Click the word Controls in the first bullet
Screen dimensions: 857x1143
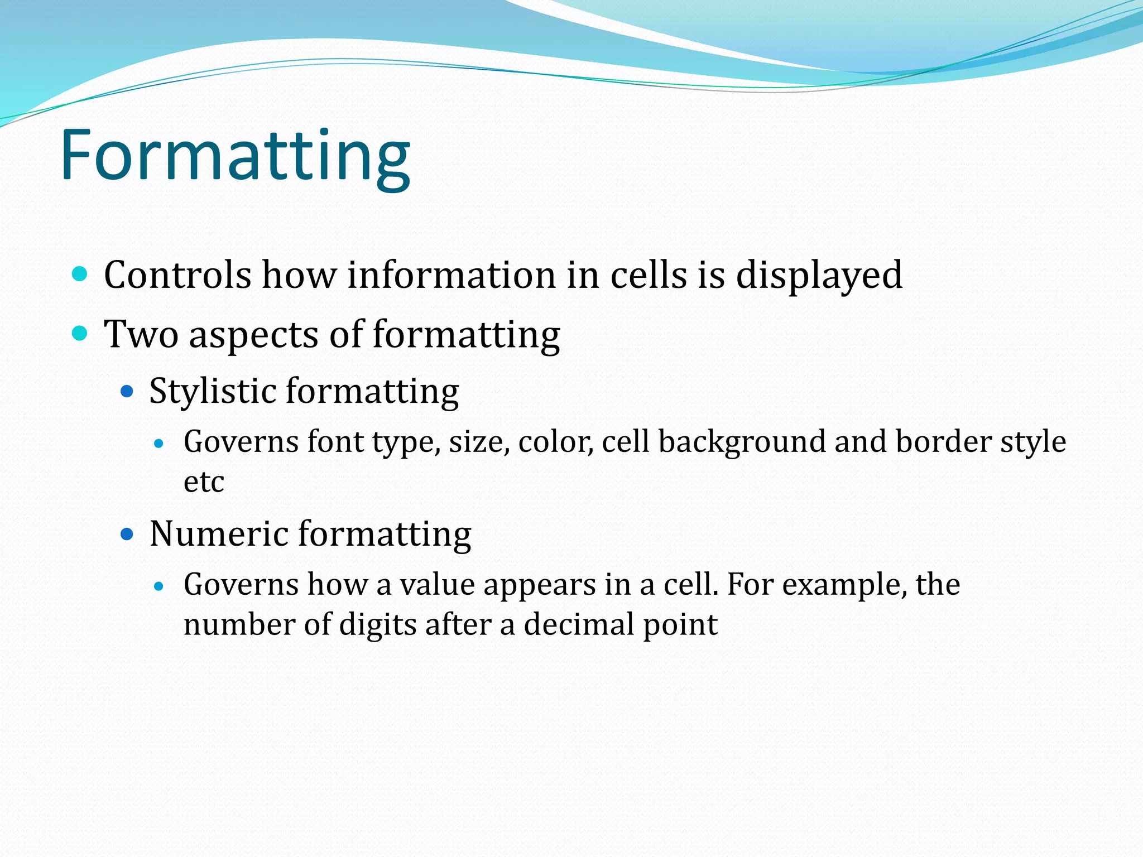point(177,275)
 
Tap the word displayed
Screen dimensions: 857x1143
point(819,276)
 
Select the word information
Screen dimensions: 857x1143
point(451,275)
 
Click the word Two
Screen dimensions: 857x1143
point(141,335)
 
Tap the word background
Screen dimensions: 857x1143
point(742,442)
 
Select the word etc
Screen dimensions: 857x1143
point(204,482)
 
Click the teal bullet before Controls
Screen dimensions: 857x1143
point(80,274)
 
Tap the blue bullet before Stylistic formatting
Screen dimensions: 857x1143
point(127,391)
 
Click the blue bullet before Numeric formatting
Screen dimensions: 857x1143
point(127,534)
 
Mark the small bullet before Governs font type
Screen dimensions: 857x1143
point(159,444)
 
